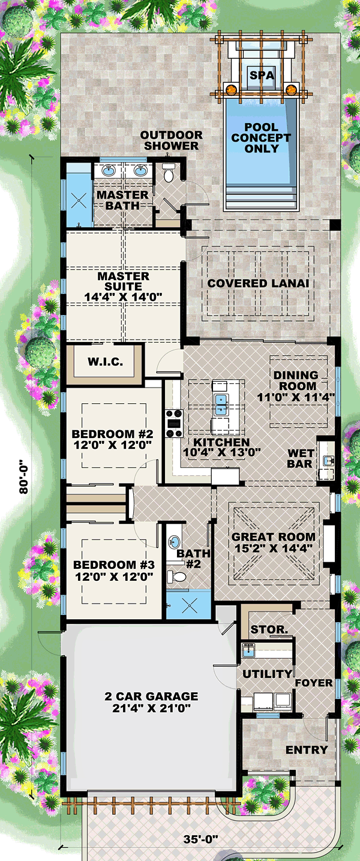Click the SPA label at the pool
(262, 75)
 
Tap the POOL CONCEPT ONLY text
(261, 137)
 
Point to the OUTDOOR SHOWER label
(171, 140)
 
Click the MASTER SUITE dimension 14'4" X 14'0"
(124, 297)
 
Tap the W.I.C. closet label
(105, 361)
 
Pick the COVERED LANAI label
(258, 283)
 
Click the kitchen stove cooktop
(174, 424)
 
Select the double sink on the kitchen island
(221, 405)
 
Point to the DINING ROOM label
(296, 380)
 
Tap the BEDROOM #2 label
(113, 434)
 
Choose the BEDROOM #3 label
(114, 565)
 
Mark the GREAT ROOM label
(273, 537)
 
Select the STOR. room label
(269, 629)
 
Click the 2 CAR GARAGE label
(151, 696)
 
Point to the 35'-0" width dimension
(200, 839)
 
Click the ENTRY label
(307, 749)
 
